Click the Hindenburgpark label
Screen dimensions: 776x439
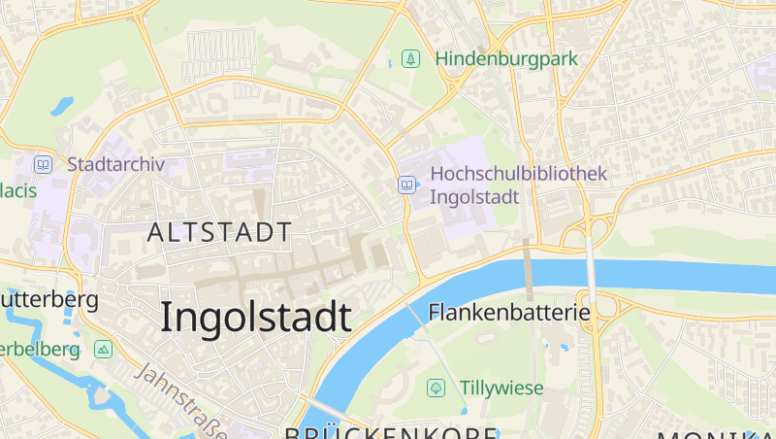click(x=506, y=58)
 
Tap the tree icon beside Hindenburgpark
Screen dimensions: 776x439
click(x=411, y=58)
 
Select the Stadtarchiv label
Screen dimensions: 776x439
click(x=116, y=163)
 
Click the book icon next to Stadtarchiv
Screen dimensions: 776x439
click(x=44, y=164)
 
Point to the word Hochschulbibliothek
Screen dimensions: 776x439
click(x=518, y=174)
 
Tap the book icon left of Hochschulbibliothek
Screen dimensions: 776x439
click(x=406, y=185)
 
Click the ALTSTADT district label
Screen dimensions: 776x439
click(x=219, y=232)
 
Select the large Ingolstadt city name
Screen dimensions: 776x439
click(x=255, y=318)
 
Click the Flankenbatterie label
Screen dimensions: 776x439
click(x=509, y=313)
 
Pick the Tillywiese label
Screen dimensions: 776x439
click(x=501, y=388)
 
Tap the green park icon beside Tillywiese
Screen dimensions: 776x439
click(x=436, y=388)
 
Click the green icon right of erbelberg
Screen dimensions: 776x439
click(x=103, y=349)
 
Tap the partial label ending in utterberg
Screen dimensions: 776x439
click(x=48, y=299)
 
